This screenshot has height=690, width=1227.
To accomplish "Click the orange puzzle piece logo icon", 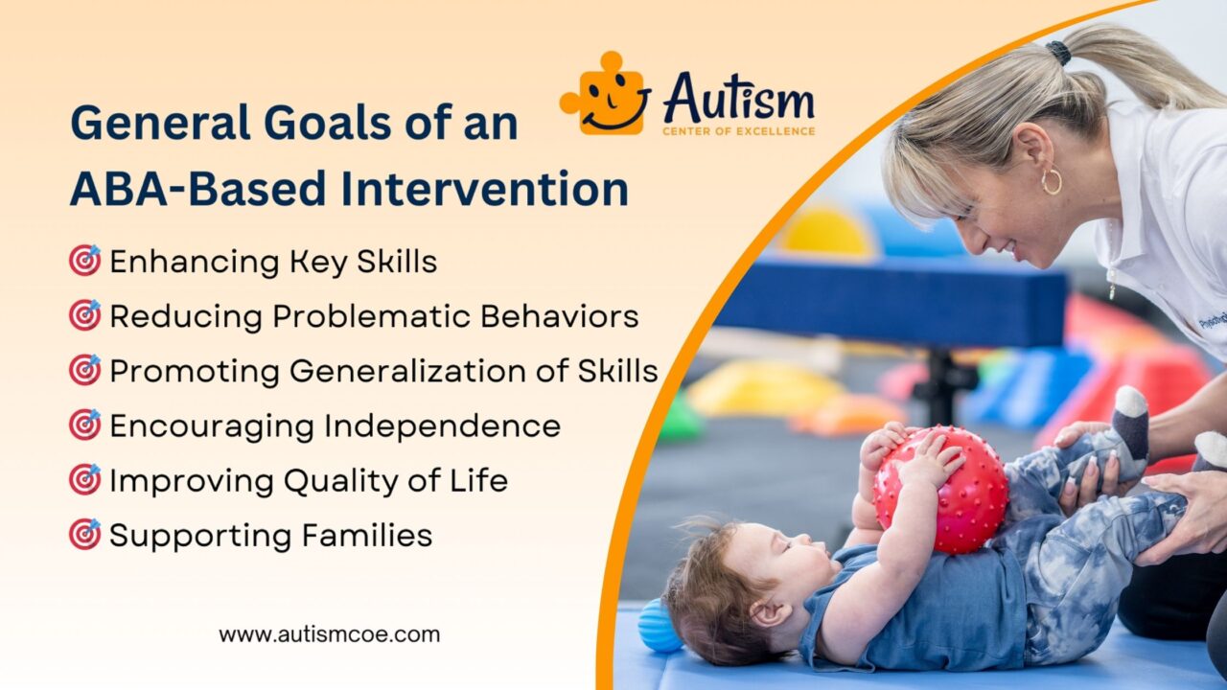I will (x=604, y=95).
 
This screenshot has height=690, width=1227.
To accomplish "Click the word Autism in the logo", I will (x=738, y=99).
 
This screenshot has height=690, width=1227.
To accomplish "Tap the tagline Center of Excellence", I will (x=738, y=130).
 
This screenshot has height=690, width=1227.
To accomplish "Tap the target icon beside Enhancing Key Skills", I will (x=84, y=261).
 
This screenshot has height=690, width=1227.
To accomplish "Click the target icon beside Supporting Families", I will (x=84, y=534).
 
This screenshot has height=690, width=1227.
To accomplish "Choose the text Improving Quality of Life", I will (x=308, y=480).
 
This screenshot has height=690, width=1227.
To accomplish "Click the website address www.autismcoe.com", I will (x=329, y=633).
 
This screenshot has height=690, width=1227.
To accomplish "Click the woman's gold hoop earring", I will (x=1052, y=181).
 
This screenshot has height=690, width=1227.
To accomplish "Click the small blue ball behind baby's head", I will (x=660, y=625).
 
